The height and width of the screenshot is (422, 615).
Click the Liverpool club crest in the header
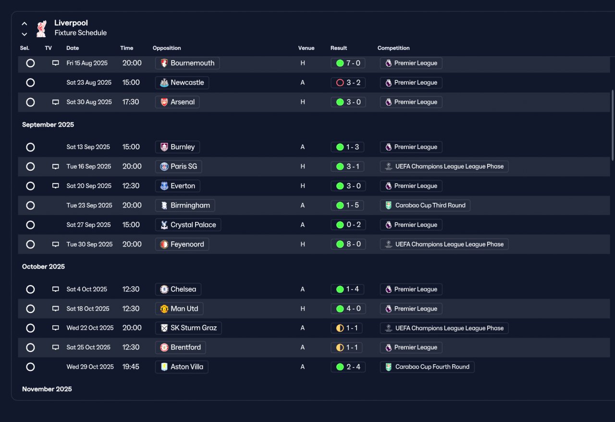(x=41, y=28)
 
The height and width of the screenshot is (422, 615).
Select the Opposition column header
(x=167, y=48)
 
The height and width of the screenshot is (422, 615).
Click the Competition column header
(x=394, y=48)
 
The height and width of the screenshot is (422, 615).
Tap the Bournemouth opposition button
(x=187, y=63)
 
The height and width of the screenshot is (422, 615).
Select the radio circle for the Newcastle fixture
(x=30, y=83)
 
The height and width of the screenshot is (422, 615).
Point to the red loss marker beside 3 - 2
(x=340, y=83)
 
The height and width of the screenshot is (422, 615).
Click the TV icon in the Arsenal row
(x=55, y=102)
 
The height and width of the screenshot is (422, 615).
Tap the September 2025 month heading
(x=48, y=124)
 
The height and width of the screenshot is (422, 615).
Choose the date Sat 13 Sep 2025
(x=88, y=147)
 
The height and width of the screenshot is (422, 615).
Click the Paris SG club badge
(x=164, y=166)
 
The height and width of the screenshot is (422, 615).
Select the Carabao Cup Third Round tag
(x=425, y=205)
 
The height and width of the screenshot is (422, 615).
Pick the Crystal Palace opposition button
(x=188, y=225)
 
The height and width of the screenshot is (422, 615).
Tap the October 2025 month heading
(x=43, y=266)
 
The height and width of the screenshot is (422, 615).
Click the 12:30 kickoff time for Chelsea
(x=131, y=289)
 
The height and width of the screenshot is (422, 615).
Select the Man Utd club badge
(x=164, y=309)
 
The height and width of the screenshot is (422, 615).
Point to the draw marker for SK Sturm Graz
(x=340, y=328)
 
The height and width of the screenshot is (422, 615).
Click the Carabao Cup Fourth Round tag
(x=427, y=367)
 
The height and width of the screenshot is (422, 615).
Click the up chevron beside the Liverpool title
(x=25, y=24)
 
